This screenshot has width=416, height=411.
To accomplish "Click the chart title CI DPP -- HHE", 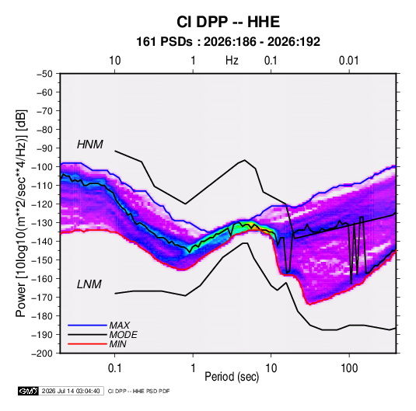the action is tap(228, 22).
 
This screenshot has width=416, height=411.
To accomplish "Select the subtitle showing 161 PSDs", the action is tap(228, 42).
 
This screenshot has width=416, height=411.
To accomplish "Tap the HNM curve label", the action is tap(90, 145).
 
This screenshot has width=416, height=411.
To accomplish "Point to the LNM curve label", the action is tap(89, 284).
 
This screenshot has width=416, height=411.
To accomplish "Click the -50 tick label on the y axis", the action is tap(44, 74).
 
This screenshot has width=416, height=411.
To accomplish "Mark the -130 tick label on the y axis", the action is tap(43, 223).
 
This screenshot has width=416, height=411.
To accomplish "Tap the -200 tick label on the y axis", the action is tap(43, 354).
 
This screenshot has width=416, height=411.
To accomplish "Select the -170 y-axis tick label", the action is tap(43, 298).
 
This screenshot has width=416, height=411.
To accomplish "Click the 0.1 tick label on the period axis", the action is tap(114, 368).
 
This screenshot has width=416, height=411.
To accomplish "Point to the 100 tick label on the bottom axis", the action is tap(349, 368).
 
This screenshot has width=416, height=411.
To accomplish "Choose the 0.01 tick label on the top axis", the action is tap(349, 61).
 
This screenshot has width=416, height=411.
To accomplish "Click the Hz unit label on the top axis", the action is tap(232, 61).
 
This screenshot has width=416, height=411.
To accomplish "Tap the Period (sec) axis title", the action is tap(232, 377).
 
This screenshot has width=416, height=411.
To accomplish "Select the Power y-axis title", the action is tap(21, 214).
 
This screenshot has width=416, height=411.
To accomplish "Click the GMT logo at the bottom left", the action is tap(29, 391).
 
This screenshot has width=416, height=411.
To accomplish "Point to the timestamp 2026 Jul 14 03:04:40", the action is tap(71, 391).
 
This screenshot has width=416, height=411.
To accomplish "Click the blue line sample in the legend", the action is tap(87, 325).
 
